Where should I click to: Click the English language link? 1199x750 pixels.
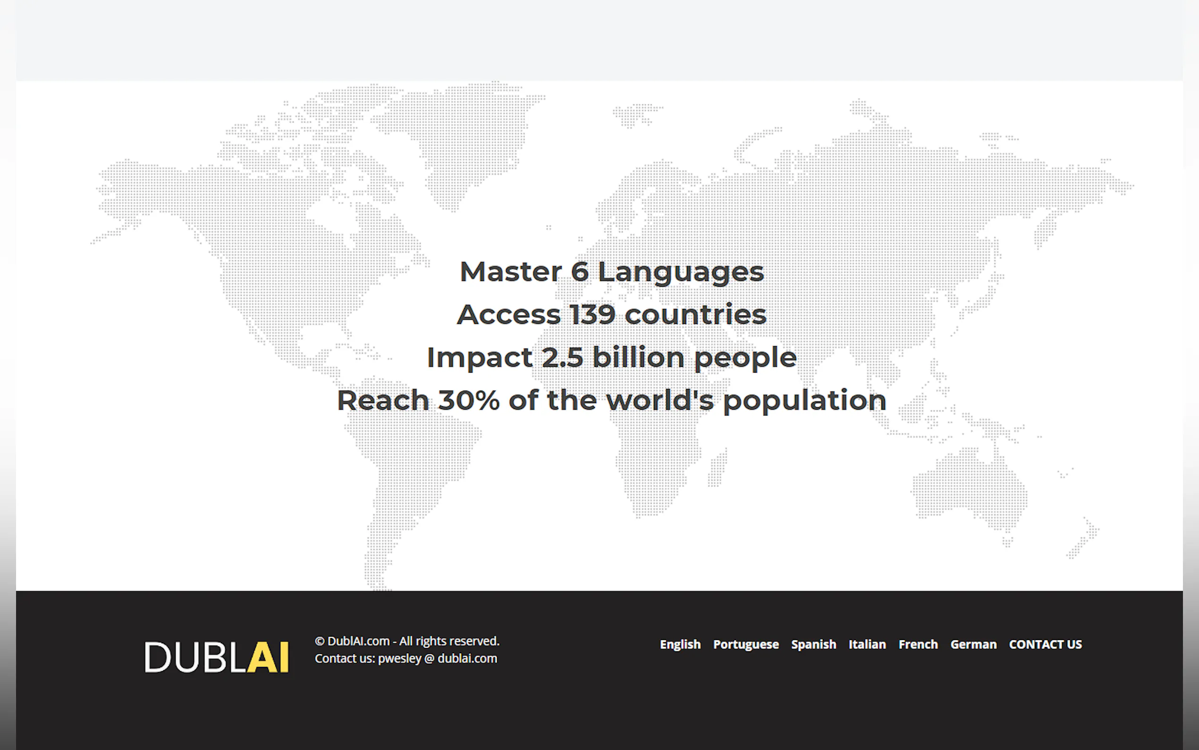[680, 644]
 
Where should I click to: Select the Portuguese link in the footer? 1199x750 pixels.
[746, 644]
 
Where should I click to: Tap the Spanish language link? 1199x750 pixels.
[813, 644]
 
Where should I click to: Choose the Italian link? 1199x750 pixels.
[867, 644]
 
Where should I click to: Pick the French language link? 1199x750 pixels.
[918, 644]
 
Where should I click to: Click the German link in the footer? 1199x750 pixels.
[973, 644]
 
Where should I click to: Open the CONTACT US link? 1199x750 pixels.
[1045, 644]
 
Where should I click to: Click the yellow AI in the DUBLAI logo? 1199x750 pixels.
[268, 657]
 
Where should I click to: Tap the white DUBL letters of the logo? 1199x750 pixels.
[195, 657]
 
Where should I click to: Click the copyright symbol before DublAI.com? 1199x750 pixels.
[320, 641]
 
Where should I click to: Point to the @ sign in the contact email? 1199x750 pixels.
[429, 658]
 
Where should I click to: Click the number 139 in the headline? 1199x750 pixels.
[592, 315]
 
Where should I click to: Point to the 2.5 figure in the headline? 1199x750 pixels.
[563, 357]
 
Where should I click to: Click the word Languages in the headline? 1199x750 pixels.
[681, 273]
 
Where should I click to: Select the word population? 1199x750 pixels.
[804, 401]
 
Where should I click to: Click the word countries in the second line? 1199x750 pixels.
[695, 314]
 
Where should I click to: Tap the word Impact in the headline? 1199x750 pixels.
[480, 358]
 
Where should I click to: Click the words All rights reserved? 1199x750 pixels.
[449, 641]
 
